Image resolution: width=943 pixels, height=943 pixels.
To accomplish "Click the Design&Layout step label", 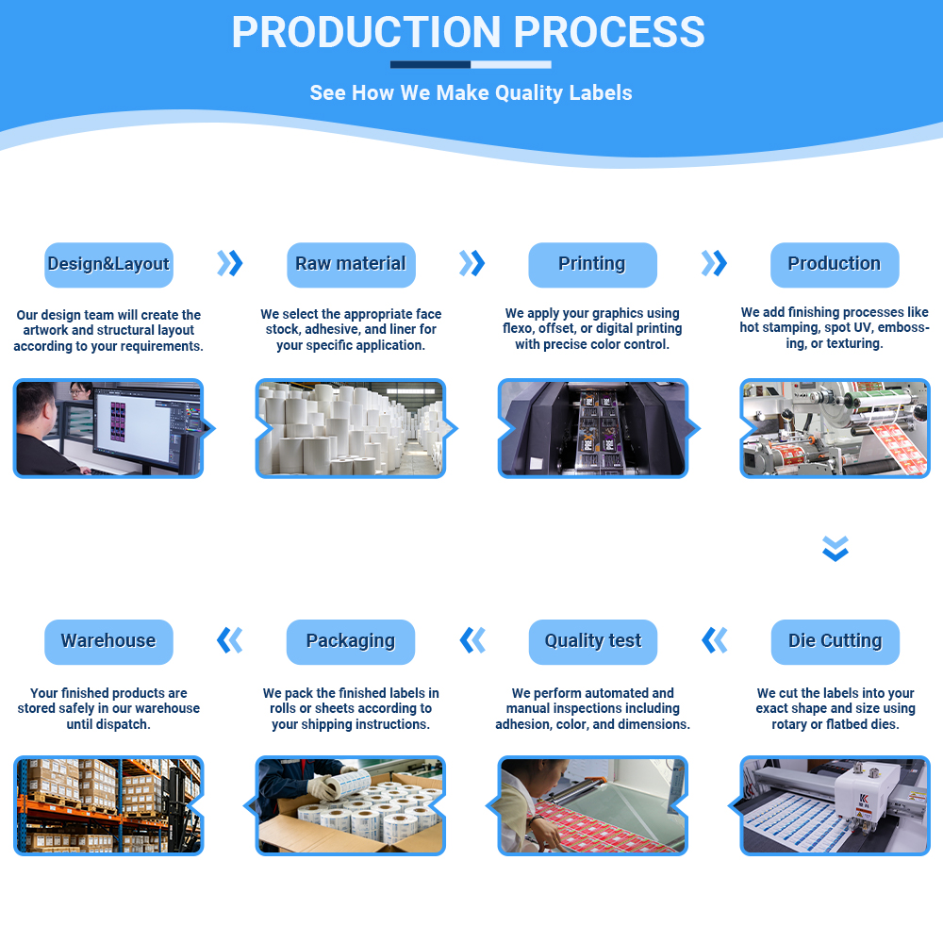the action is [108, 265].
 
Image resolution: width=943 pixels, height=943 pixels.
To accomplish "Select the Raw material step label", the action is [351, 265].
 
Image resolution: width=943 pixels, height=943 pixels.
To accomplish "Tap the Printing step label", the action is [592, 265].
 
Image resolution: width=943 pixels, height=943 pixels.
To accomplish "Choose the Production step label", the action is [835, 265].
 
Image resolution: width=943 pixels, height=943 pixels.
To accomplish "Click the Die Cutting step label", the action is [835, 641].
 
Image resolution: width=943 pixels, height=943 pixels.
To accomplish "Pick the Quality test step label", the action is [593, 641].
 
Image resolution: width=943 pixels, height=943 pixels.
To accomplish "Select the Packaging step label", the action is [351, 641].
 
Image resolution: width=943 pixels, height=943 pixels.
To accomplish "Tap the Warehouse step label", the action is [108, 641].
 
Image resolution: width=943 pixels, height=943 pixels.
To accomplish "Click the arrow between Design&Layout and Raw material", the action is [230, 263].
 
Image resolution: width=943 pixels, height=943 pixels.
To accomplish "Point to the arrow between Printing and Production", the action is [714, 263].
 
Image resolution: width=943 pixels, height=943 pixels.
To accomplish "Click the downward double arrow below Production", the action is [835, 549].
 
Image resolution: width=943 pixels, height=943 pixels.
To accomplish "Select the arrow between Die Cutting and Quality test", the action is [715, 640].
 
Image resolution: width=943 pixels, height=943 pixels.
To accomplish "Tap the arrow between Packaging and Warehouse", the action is [230, 640].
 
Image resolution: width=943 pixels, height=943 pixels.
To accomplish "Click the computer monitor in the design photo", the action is [145, 428].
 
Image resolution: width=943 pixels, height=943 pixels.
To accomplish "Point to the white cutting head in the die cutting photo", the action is [861, 794].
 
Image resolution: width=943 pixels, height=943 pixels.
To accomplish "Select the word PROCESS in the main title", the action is [608, 32].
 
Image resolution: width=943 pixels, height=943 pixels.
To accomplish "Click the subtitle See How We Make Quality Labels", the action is [471, 92].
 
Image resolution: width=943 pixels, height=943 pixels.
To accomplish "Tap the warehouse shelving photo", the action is [108, 806].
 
